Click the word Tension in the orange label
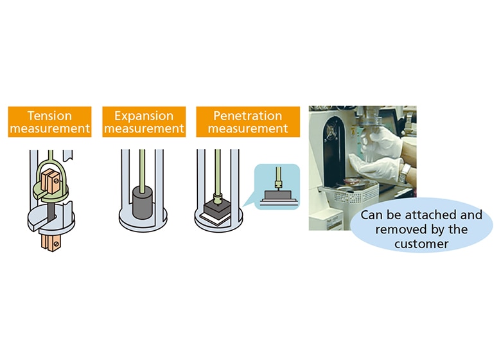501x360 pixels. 49,116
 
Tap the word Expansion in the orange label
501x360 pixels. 144,116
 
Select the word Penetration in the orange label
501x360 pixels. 248,116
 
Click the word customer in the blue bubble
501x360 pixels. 421,244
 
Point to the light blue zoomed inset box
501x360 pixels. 277,186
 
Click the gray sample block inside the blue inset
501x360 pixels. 277,195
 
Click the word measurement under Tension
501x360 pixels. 49,129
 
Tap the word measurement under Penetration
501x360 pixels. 248,129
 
